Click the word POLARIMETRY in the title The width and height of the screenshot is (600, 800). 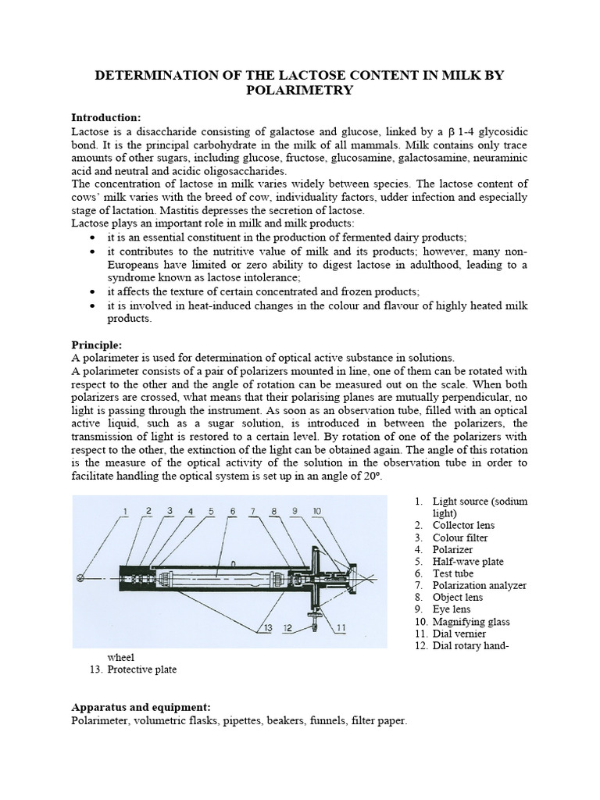(x=300, y=91)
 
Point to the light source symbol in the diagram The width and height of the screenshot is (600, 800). (x=80, y=578)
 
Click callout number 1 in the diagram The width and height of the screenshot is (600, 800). (x=125, y=512)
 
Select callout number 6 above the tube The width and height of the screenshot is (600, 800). (x=232, y=512)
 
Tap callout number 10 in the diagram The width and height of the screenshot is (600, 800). (x=316, y=512)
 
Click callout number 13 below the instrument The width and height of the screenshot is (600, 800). (x=267, y=627)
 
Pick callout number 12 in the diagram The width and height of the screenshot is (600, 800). (x=289, y=627)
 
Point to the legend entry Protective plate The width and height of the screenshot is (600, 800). (x=141, y=670)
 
